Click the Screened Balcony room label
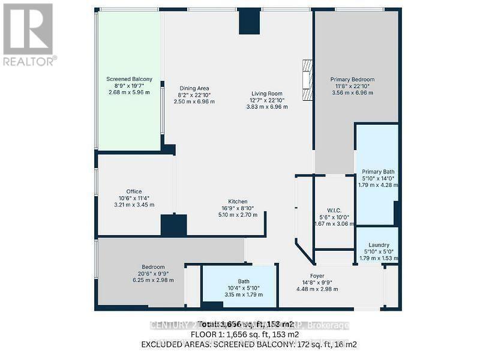coord(129,79)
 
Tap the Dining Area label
coord(194,88)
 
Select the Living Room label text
coord(267,93)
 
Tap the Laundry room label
coord(379,245)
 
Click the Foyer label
coord(317,275)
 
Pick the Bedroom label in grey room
coord(153,267)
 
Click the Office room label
coord(134,191)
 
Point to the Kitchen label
coord(238,202)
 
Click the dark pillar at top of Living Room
coord(250,22)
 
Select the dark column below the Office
coord(173,225)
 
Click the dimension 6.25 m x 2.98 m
coord(153,280)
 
